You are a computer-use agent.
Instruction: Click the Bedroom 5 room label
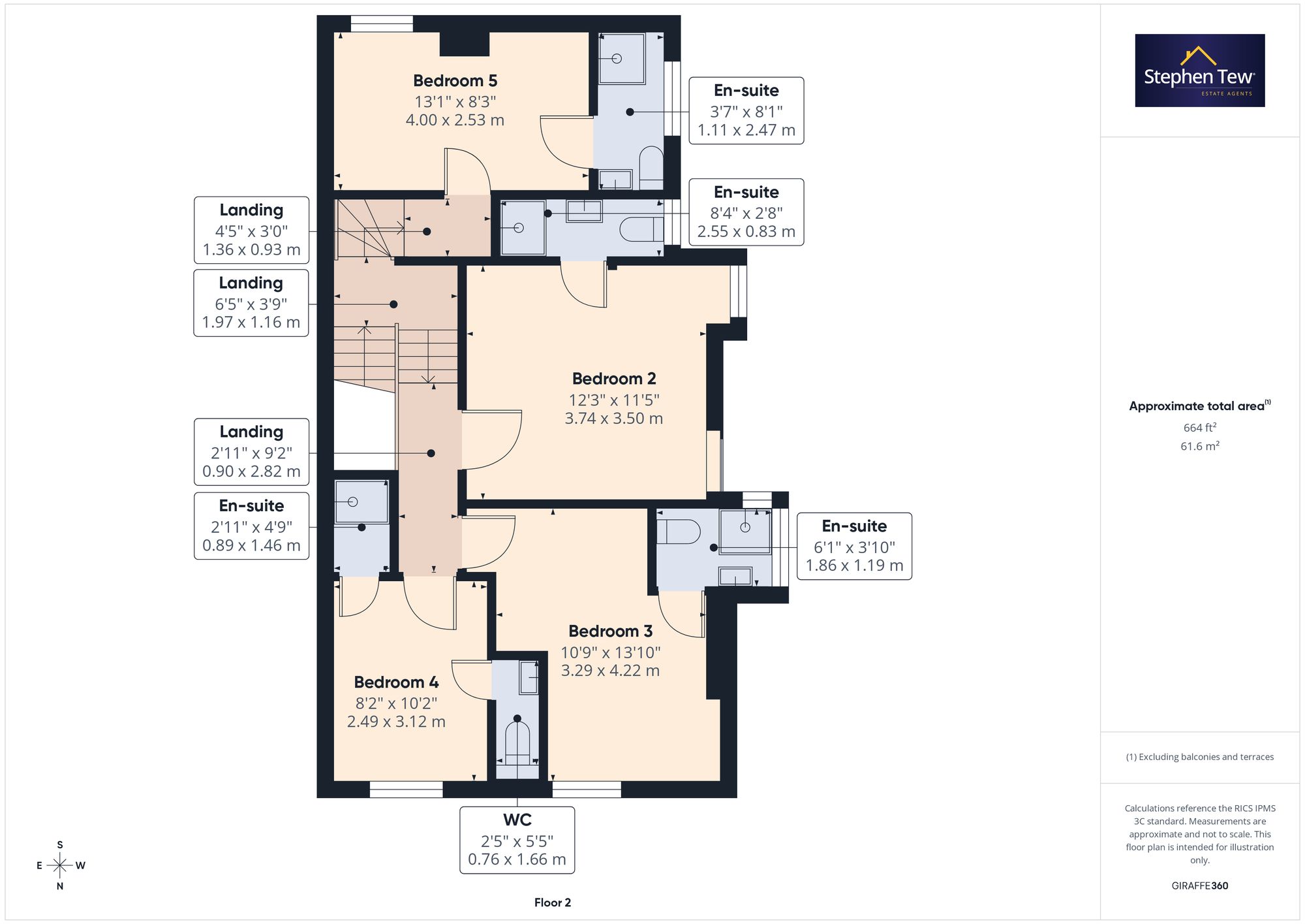coord(455,81)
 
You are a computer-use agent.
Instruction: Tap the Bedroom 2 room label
coord(614,379)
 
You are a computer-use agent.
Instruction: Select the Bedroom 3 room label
coord(610,631)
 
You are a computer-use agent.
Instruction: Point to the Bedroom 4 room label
coord(396,682)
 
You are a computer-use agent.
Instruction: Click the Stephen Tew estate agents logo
coord(1200,71)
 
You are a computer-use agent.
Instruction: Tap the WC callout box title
coord(517,820)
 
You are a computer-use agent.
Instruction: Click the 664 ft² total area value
coord(1200,428)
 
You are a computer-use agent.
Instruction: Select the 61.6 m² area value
coord(1200,447)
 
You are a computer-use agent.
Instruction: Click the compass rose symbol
coord(60,866)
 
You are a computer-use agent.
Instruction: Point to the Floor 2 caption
coord(553,902)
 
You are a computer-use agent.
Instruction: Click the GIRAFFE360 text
coord(1200,886)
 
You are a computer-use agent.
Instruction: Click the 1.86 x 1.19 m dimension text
coord(854,566)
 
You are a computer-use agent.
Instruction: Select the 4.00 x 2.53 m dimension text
coord(455,120)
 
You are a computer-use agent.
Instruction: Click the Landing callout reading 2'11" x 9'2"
coord(251,452)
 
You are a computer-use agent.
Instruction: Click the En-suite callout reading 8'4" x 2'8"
coord(746,212)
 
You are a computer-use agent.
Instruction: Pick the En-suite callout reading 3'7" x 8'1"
coord(746,110)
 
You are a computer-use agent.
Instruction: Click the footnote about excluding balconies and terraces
coord(1200,757)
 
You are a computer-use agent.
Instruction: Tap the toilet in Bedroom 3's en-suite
coord(678,532)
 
